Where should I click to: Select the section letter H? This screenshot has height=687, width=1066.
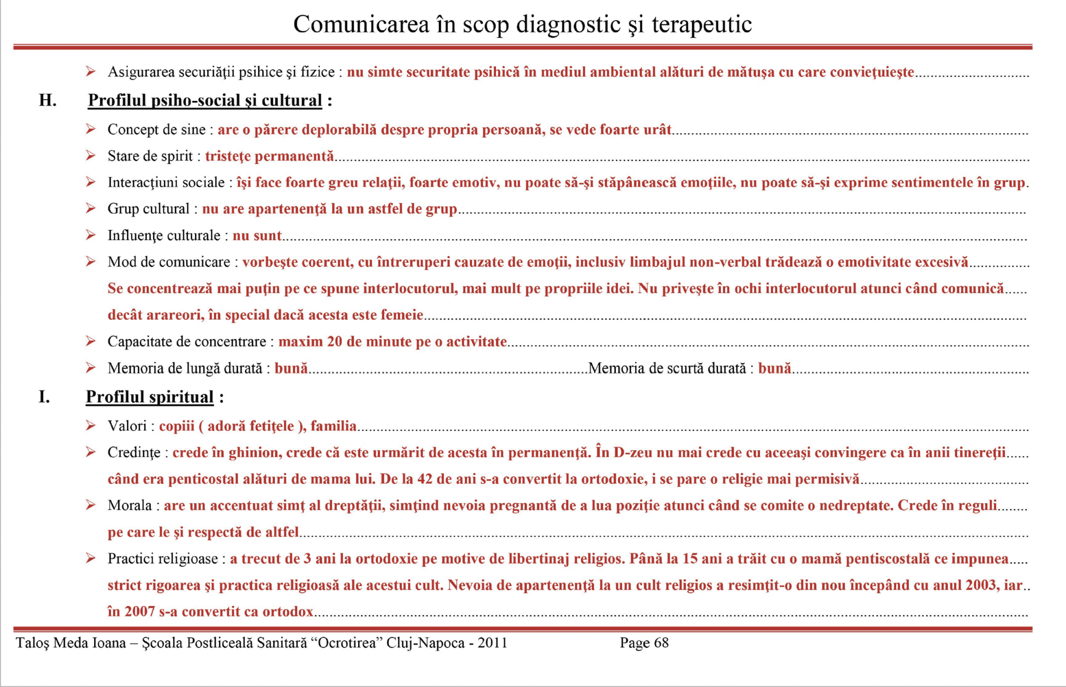click(x=47, y=100)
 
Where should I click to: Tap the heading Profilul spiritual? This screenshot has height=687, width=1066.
click(x=150, y=397)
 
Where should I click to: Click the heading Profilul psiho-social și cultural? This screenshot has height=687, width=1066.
click(x=205, y=100)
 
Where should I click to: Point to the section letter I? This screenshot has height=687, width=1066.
click(x=44, y=397)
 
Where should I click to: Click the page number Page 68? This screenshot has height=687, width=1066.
click(x=644, y=643)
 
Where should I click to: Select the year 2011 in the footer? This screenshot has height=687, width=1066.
click(x=492, y=643)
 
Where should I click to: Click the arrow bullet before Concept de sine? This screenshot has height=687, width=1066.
click(x=91, y=129)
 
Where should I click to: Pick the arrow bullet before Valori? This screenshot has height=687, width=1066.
click(x=91, y=426)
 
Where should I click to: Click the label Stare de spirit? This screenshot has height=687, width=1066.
click(x=150, y=156)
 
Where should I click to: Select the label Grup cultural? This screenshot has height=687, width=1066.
click(x=148, y=209)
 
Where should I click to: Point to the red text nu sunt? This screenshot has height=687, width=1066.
click(x=257, y=235)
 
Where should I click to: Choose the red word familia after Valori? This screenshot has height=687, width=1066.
click(x=334, y=426)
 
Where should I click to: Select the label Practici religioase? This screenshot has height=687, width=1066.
click(x=162, y=558)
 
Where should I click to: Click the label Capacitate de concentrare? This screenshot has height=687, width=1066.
click(x=187, y=341)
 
